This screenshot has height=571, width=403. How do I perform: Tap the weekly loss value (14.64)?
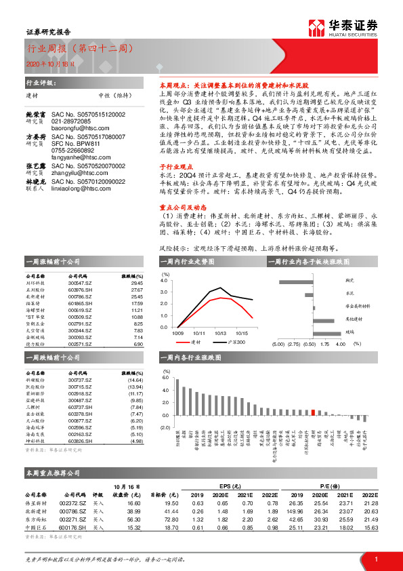tap(135, 380)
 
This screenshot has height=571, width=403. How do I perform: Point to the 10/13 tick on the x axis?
tap(219, 333)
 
